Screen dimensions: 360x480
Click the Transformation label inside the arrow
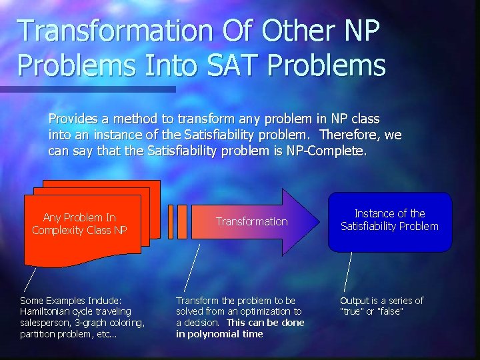(251, 221)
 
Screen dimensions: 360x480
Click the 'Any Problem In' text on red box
(79, 217)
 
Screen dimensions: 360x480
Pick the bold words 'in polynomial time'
(219, 334)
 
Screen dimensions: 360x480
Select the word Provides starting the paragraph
(73, 119)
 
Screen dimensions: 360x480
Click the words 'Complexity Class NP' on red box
(79, 230)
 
